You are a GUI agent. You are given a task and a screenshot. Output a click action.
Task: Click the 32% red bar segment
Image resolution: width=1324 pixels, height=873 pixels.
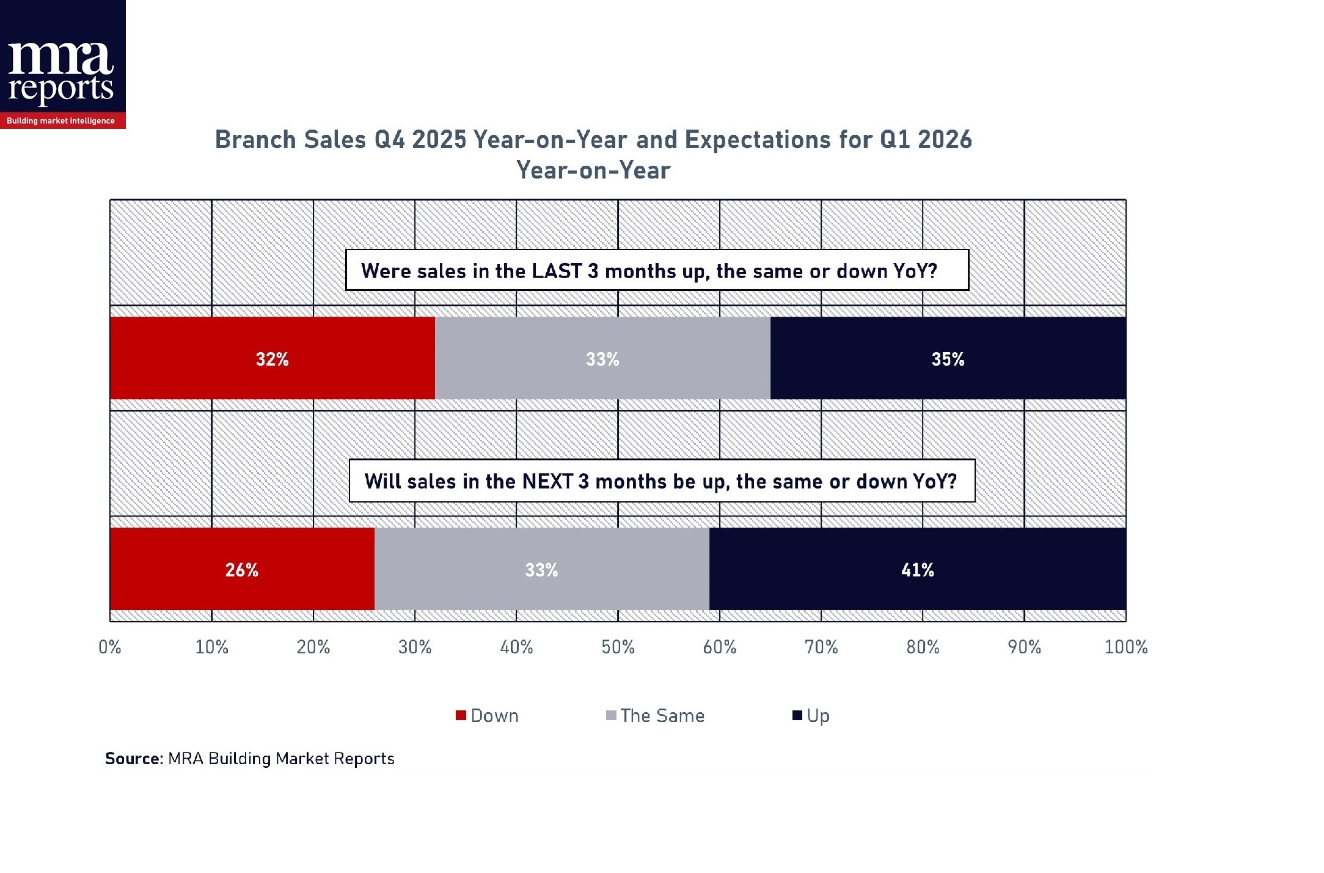pos(272,358)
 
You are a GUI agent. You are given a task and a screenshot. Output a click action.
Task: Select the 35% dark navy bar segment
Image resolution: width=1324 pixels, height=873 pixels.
pos(948,358)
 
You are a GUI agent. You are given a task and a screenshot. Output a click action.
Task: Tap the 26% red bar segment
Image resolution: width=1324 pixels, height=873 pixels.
pos(242,569)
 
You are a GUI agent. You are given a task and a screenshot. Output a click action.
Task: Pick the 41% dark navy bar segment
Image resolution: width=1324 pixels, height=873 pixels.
pos(917,569)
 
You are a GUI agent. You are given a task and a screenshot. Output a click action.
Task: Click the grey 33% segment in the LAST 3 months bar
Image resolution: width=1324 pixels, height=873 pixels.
pos(602,358)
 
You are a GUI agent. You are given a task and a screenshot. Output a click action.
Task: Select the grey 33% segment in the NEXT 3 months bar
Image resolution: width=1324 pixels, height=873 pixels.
pos(541,569)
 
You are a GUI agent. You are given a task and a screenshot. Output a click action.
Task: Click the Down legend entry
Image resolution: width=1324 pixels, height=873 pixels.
pos(488,715)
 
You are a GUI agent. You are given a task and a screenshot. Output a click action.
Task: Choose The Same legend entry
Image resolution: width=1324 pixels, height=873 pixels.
pos(656,715)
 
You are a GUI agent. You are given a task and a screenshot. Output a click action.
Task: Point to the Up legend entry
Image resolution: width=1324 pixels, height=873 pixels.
pos(811,715)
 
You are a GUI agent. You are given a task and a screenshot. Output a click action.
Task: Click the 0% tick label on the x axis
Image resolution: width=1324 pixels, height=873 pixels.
pos(110,647)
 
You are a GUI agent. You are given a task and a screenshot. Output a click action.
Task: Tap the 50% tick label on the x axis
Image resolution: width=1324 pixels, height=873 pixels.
pos(618,647)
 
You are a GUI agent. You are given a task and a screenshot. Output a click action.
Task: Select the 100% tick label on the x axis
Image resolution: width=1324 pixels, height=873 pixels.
pos(1125,647)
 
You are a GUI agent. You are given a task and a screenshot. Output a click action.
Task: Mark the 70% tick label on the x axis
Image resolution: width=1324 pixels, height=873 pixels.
pos(821,647)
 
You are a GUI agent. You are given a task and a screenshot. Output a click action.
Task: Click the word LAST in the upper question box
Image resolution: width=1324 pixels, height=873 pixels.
pos(556,271)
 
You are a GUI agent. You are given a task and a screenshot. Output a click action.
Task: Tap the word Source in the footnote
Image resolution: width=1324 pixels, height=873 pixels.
pos(133,759)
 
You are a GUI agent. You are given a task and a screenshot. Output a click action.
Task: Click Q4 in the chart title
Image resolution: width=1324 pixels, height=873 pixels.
pos(389,139)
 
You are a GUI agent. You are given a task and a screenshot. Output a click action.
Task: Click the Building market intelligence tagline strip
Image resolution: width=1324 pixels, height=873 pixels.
pos(61,120)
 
